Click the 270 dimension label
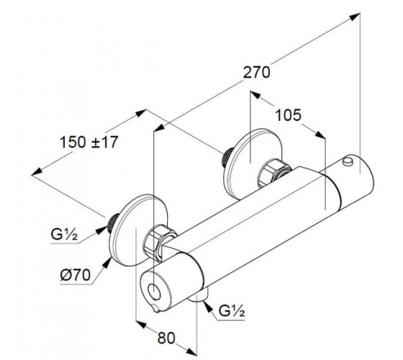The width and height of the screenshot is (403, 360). coord(256,72)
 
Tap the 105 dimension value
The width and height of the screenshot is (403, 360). coord(288,115)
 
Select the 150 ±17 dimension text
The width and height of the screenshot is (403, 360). coord(89,143)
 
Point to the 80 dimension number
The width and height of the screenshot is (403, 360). coord(166,338)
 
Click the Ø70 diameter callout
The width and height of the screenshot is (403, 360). coord(76,275)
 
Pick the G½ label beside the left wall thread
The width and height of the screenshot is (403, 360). coord(64,234)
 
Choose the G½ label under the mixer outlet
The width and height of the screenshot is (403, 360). coord(232,311)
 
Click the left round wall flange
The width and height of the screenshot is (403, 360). coord(137,230)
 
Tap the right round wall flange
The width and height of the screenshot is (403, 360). coord(253,164)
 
